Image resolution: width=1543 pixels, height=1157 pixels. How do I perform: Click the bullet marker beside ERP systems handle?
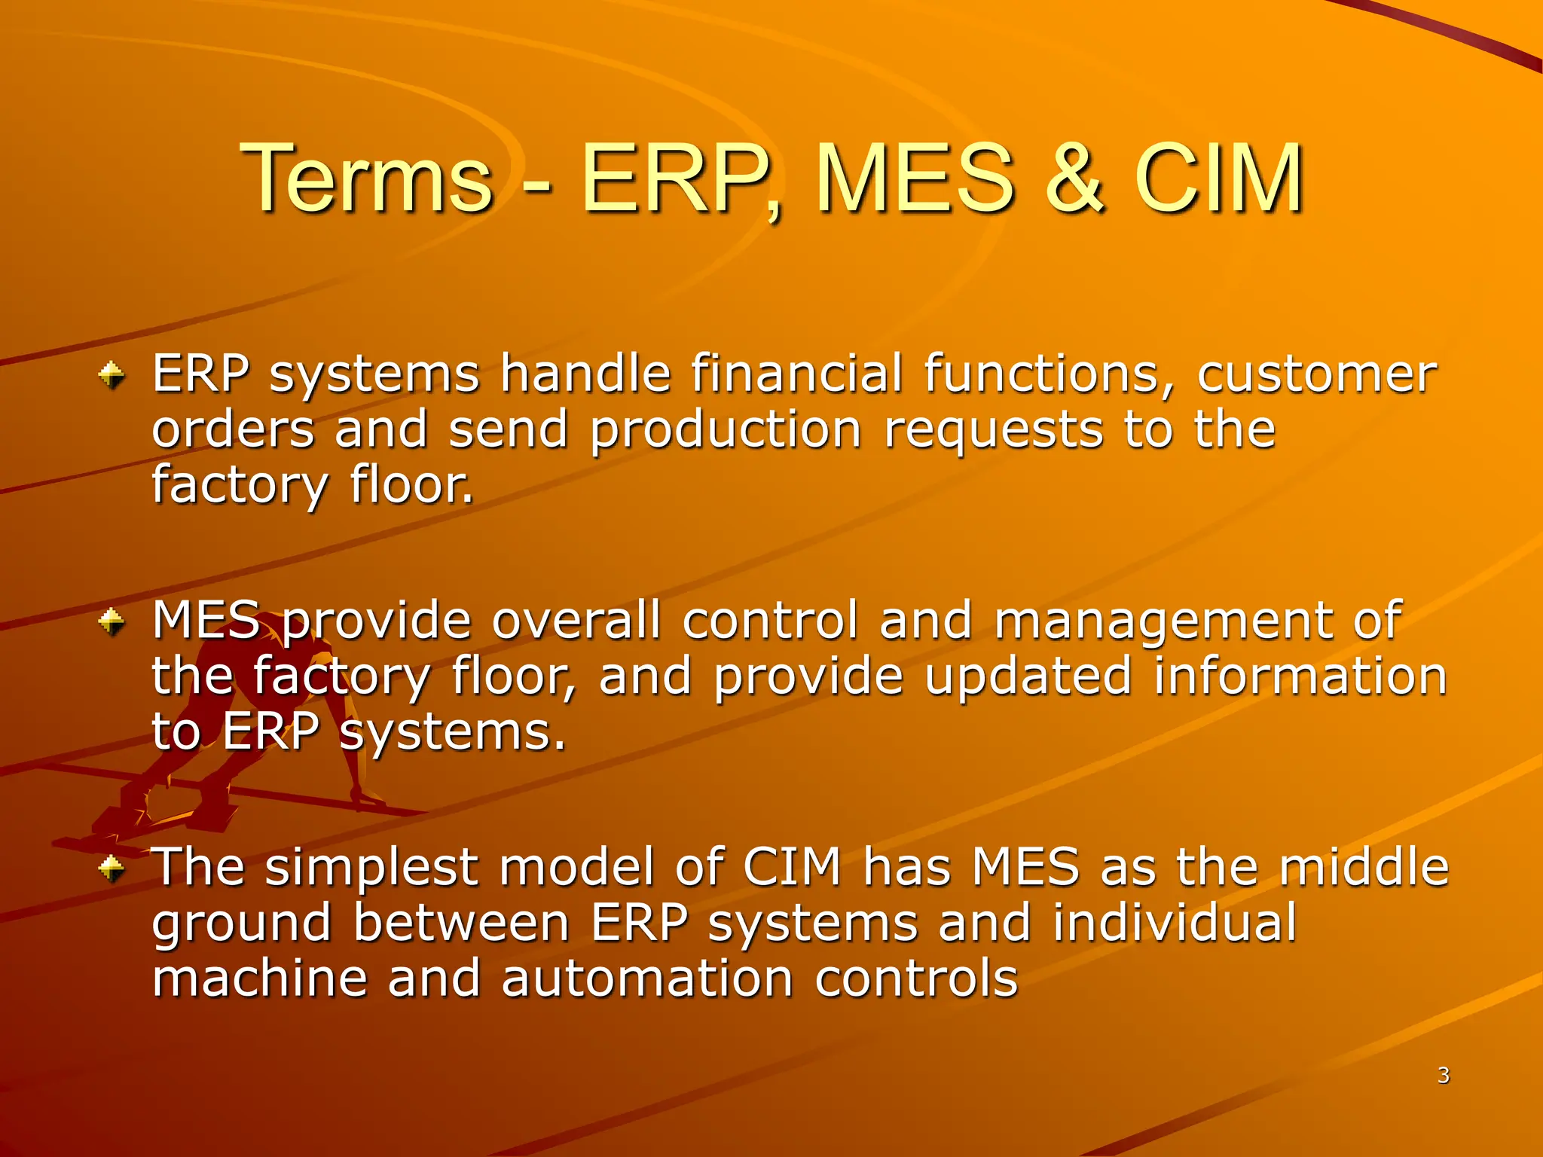pos(112,374)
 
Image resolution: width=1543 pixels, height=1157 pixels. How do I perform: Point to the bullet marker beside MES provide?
pos(112,621)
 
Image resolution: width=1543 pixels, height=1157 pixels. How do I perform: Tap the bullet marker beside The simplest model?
pos(112,869)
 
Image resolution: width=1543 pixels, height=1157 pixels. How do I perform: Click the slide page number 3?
pos(1443,1075)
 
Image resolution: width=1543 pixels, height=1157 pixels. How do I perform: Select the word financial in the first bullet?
pos(796,374)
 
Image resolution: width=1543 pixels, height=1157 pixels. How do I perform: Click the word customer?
pos(1317,374)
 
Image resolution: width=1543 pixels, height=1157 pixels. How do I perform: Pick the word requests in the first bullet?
pos(993,429)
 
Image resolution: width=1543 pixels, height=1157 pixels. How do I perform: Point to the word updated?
pos(1028,676)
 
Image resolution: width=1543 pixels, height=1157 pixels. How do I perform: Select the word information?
pos(1300,676)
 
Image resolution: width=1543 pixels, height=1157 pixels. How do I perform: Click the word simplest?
pos(371,868)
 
